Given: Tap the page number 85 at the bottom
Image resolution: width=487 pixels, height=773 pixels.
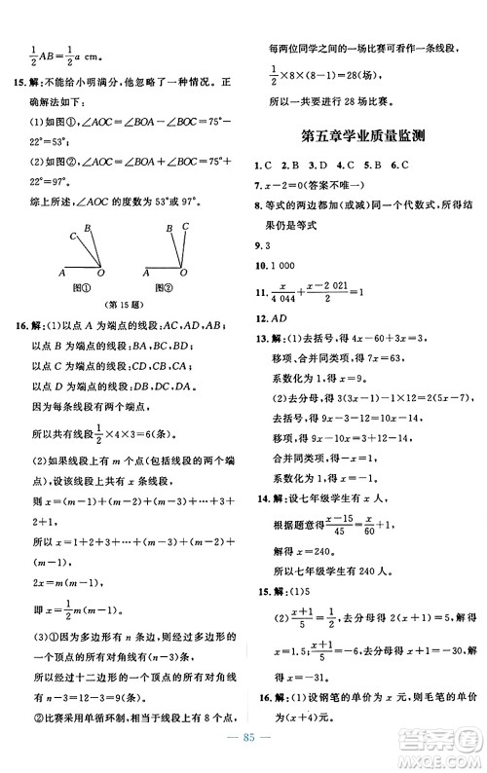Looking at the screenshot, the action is pyautogui.click(x=243, y=751).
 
